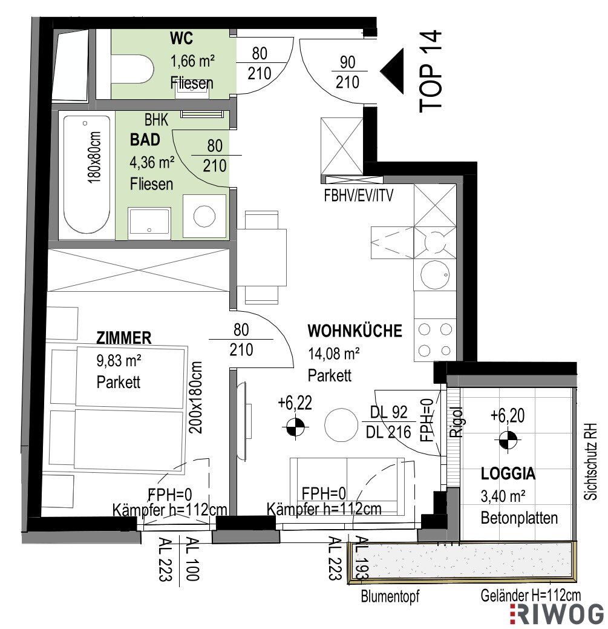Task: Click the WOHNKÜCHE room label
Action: click(355, 331)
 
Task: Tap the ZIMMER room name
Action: click(124, 338)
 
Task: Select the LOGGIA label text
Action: click(508, 474)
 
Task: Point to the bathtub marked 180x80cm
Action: click(87, 174)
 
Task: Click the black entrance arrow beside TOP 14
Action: click(391, 71)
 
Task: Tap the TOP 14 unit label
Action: click(431, 71)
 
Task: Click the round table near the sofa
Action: click(341, 425)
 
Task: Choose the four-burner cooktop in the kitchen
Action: click(435, 340)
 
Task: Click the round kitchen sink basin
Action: click(435, 274)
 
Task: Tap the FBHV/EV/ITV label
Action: click(359, 196)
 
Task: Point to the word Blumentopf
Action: click(390, 596)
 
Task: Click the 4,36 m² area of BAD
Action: click(152, 162)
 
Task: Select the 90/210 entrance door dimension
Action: click(347, 72)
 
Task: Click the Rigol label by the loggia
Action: click(457, 422)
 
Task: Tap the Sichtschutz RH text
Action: click(590, 461)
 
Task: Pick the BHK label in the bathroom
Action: click(156, 120)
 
